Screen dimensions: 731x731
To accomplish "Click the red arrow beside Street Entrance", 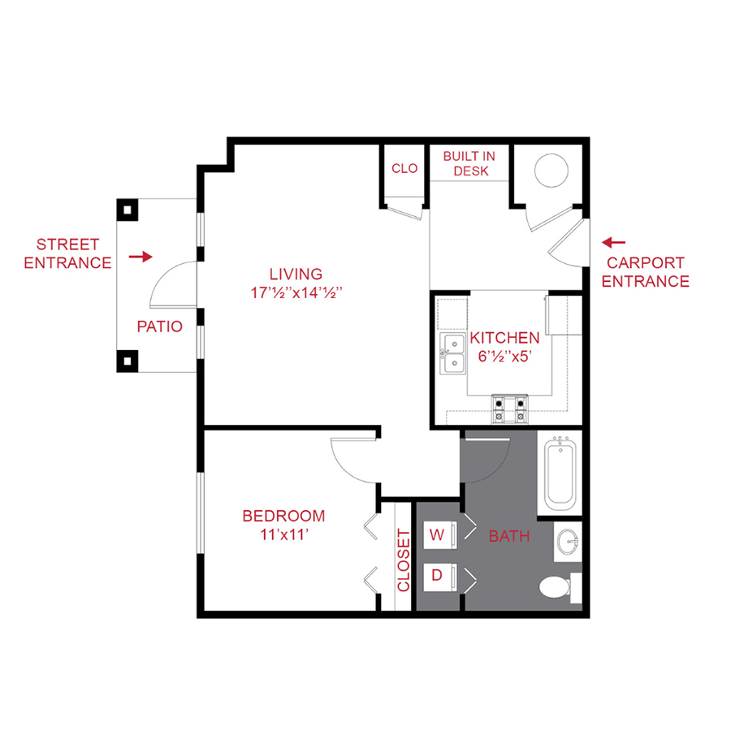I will pyautogui.click(x=141, y=257).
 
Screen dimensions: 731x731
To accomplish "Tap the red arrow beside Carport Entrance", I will pyautogui.click(x=613, y=242).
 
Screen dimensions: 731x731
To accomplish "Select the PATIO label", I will pyautogui.click(x=158, y=328).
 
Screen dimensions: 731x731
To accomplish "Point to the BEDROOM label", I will pyautogui.click(x=283, y=516).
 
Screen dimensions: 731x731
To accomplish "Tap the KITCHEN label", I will pyautogui.click(x=504, y=338).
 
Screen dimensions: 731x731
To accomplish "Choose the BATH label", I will pyautogui.click(x=508, y=536).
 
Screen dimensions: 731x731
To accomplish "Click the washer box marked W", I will pyautogui.click(x=438, y=535).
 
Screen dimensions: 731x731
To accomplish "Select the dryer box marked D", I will pyautogui.click(x=438, y=576).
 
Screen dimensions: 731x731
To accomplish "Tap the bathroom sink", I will pyautogui.click(x=569, y=541).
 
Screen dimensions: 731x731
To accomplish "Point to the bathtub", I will pyautogui.click(x=560, y=474).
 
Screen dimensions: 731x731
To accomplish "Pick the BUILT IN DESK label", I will pyautogui.click(x=469, y=163).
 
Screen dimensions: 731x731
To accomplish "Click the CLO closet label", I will pyautogui.click(x=404, y=169).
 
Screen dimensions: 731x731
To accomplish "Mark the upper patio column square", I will pyautogui.click(x=128, y=210).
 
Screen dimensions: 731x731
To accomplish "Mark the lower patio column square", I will pyautogui.click(x=128, y=360).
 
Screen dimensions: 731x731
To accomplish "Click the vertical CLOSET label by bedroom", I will pyautogui.click(x=404, y=560).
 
